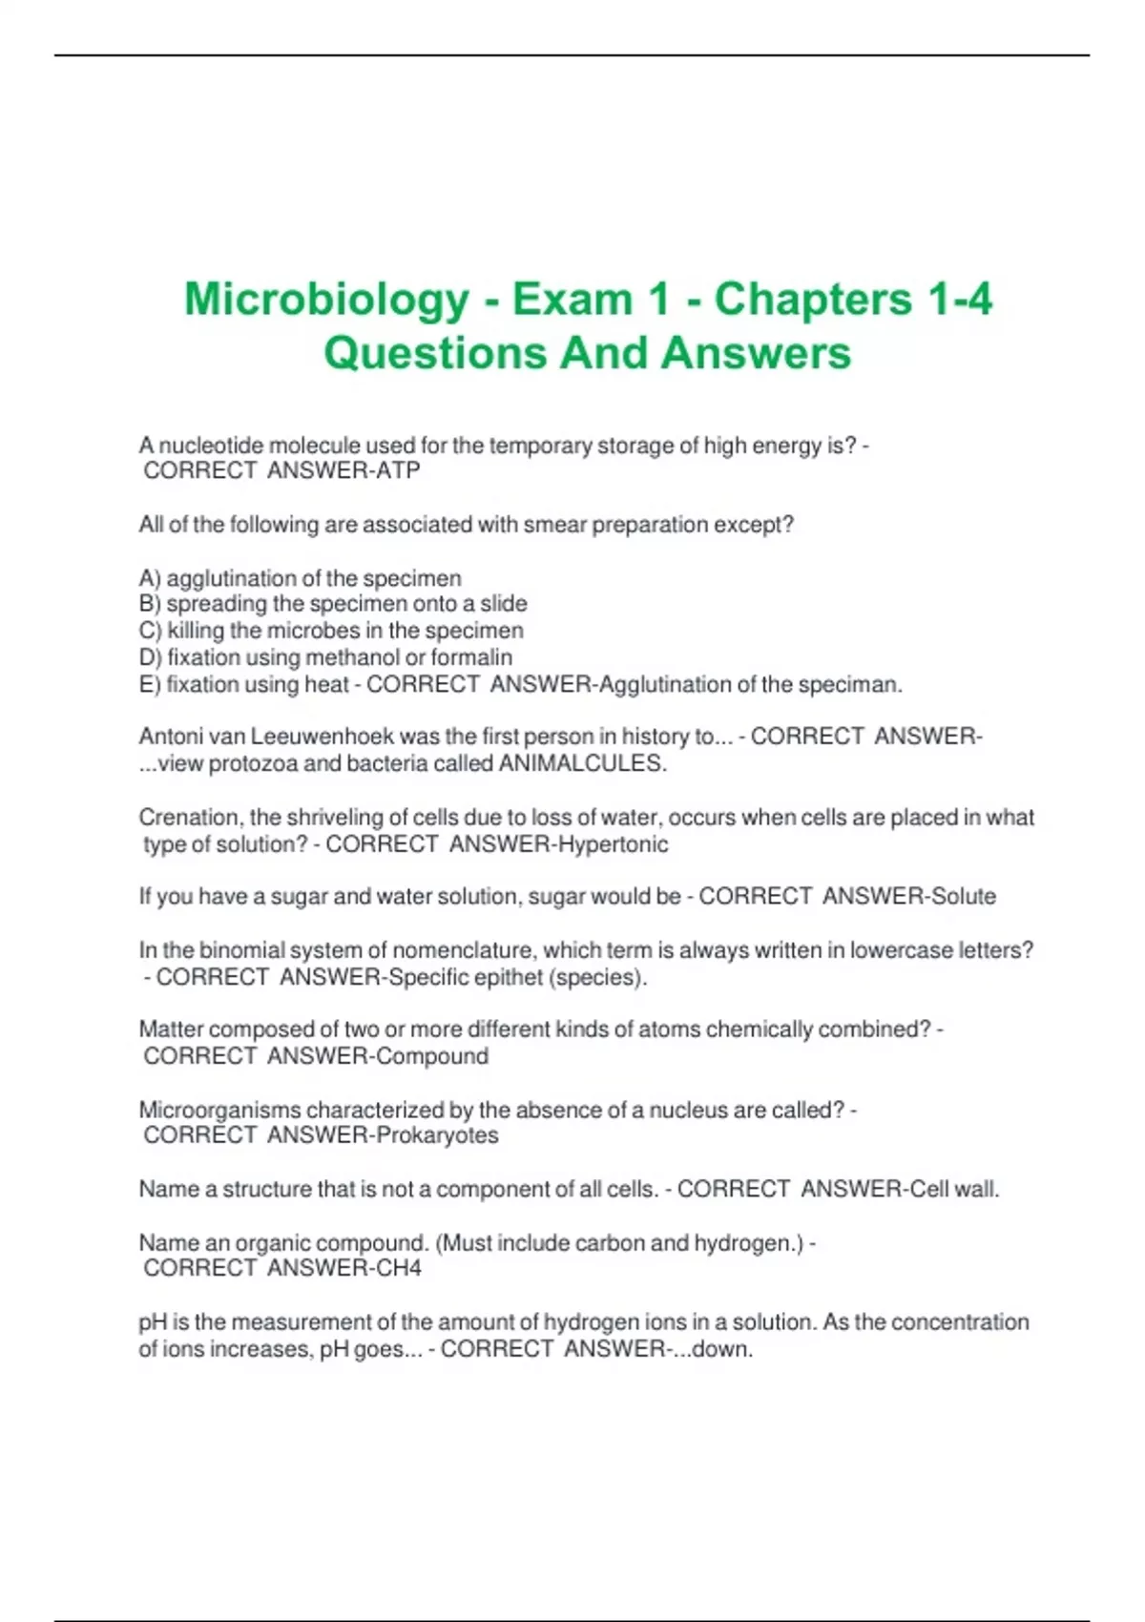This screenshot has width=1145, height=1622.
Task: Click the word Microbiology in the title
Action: point(326,300)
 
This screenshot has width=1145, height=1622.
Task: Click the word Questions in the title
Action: point(434,353)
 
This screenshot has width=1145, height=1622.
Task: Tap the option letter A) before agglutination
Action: point(151,578)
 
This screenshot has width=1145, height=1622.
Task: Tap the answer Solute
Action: point(964,897)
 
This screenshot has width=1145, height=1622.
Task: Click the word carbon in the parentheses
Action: point(614,1243)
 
